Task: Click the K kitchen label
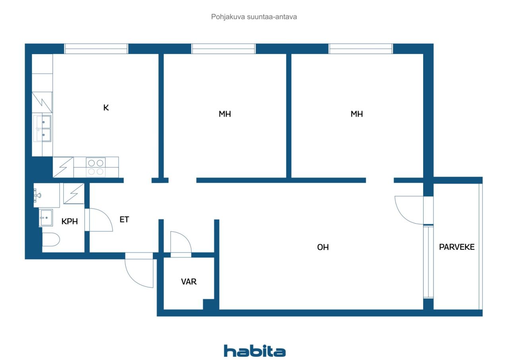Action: tap(106, 107)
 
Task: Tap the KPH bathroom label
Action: tap(69, 222)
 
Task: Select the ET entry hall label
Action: tap(124, 219)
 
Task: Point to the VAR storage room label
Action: tap(189, 282)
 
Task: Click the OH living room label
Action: tap(323, 247)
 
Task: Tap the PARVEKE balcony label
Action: tap(457, 247)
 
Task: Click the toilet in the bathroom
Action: tap(51, 240)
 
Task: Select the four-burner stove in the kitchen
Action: tap(95, 167)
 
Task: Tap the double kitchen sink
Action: tap(43, 128)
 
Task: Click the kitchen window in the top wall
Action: tap(96, 49)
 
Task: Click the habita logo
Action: tap(254, 351)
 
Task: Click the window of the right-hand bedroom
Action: tap(361, 49)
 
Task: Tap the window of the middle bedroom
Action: tap(223, 49)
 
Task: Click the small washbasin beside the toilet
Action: tap(46, 218)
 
